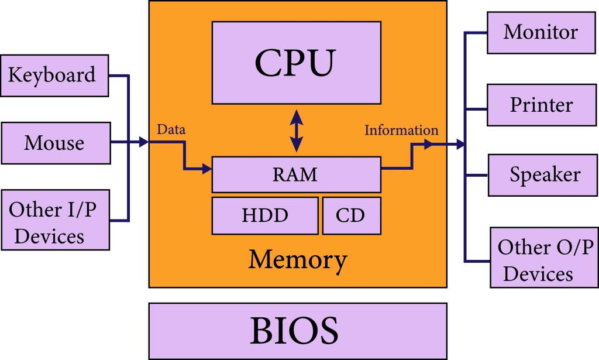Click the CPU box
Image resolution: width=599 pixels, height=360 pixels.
(x=296, y=63)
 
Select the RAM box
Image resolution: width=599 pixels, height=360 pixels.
(x=296, y=174)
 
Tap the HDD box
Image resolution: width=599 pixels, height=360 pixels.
(x=265, y=215)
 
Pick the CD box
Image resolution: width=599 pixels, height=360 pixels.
(x=351, y=215)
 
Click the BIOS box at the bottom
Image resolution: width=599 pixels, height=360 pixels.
(x=298, y=331)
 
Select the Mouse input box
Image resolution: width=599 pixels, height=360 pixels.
(x=56, y=143)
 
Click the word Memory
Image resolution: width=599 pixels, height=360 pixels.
(x=298, y=259)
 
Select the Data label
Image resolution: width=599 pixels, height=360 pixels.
(x=171, y=129)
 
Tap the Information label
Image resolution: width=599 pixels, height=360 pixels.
(x=401, y=129)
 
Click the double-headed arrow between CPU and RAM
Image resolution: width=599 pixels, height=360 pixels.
(x=297, y=131)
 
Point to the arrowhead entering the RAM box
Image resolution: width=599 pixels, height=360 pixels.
(x=206, y=170)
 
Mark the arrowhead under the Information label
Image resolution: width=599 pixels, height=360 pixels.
(x=428, y=144)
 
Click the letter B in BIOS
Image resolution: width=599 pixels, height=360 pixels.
(x=261, y=331)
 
